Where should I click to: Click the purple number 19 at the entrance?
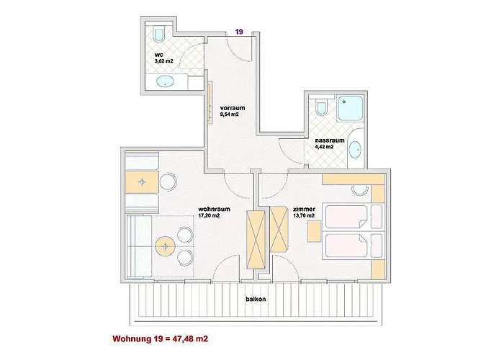(239, 32)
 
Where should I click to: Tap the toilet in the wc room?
(159, 35)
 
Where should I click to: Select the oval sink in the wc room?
(165, 81)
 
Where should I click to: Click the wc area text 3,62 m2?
(164, 60)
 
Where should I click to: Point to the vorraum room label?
(233, 108)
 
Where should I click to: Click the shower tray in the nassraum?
(350, 108)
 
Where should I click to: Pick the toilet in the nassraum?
(321, 108)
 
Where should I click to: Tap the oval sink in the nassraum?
(355, 150)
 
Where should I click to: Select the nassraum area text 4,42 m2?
(324, 147)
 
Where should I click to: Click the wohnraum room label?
(214, 209)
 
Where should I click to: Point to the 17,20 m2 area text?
(209, 215)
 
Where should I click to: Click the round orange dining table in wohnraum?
(165, 246)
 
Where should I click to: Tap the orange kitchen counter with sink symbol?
(142, 182)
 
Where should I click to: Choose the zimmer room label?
(304, 209)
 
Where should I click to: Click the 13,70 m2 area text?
(304, 215)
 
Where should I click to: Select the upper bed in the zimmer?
(354, 217)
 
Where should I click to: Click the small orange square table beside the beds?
(314, 231)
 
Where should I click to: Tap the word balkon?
(256, 299)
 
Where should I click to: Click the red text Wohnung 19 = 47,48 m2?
(160, 338)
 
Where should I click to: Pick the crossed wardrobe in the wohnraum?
(256, 240)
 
